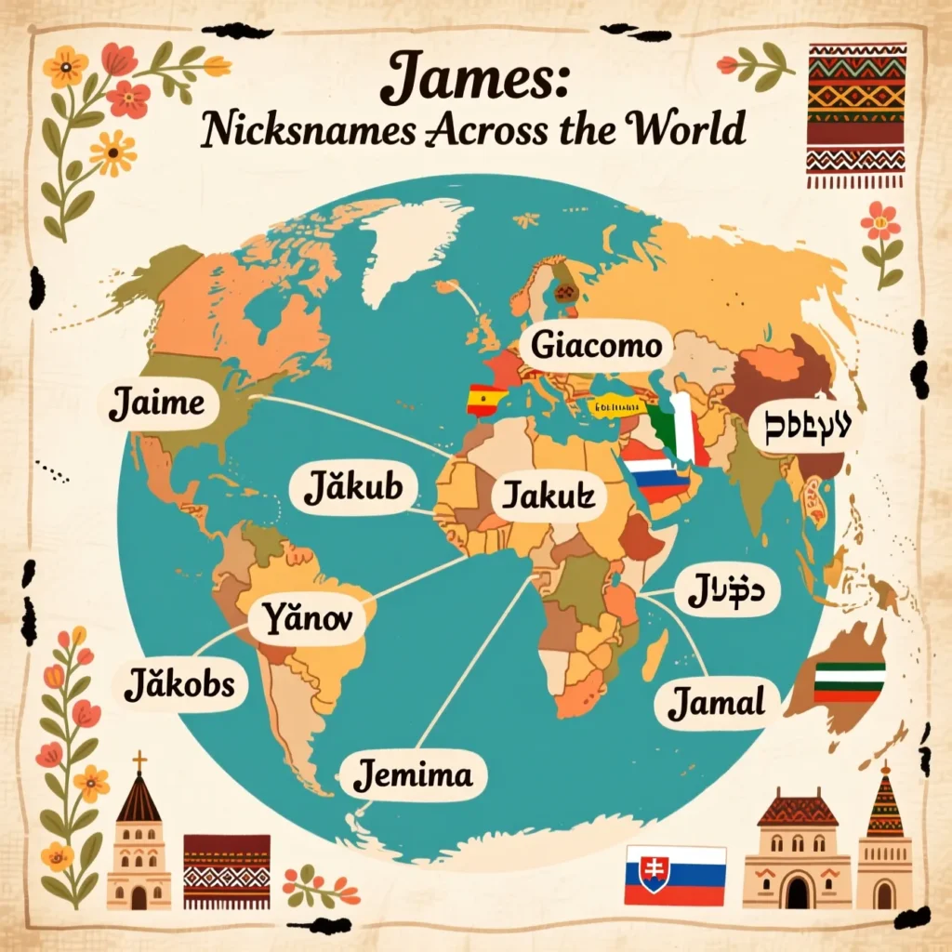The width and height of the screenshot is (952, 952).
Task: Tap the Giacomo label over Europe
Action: [597, 347]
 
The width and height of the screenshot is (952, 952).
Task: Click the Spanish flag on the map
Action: [486, 400]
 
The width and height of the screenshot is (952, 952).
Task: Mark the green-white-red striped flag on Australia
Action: [849, 681]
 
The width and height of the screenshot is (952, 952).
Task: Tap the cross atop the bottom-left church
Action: [139, 761]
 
